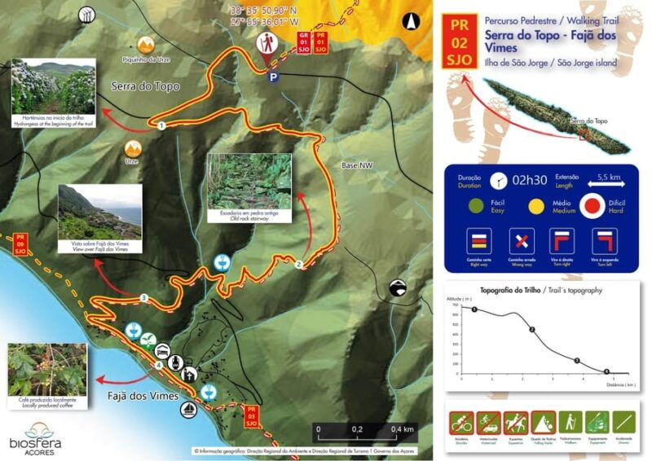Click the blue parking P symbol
click(x=274, y=77)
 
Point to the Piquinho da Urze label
click(x=145, y=59)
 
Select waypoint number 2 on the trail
click(x=299, y=264)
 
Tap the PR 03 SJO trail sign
click(x=252, y=417)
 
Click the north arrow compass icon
click(x=414, y=24)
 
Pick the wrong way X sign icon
click(x=522, y=242)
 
